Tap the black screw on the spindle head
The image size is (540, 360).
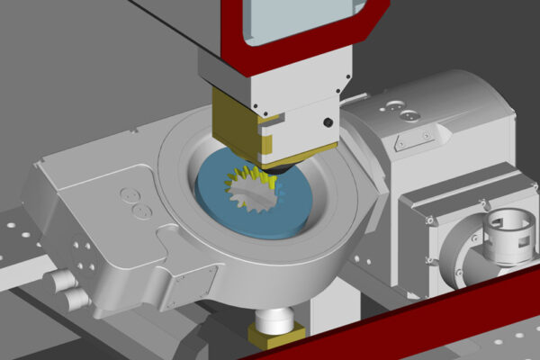tap(328, 121)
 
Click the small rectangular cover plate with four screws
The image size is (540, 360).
tap(193, 286)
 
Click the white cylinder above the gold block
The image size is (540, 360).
tap(275, 317)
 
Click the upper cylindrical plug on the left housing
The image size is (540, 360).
tap(62, 282)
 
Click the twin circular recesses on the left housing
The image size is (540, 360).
tap(136, 202)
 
